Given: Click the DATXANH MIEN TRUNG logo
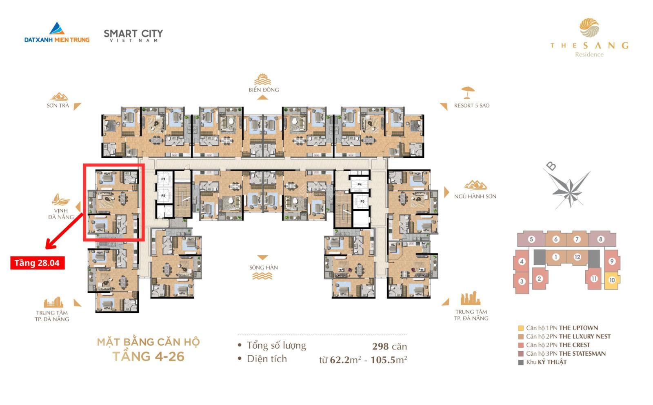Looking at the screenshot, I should pyautogui.click(x=57, y=33).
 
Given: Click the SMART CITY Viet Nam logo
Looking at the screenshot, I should pyautogui.click(x=133, y=35).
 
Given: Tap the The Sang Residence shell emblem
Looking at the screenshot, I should pyautogui.click(x=589, y=28).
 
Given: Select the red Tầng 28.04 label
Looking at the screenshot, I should pyautogui.click(x=37, y=263).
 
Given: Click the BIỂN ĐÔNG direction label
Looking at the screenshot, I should pyautogui.click(x=264, y=90).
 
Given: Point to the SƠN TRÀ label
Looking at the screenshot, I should pyautogui.click(x=58, y=106).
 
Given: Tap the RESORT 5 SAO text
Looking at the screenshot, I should pyautogui.click(x=471, y=106).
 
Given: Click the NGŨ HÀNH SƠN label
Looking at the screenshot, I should pyautogui.click(x=475, y=196).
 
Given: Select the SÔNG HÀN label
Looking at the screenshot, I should pyautogui.click(x=263, y=268).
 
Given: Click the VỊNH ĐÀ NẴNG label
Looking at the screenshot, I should pyautogui.click(x=61, y=214).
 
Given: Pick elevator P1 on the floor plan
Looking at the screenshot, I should pyautogui.click(x=163, y=179).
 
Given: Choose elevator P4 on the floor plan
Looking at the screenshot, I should pyautogui.click(x=360, y=184).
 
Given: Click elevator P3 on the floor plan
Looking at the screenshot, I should pyautogui.click(x=362, y=201).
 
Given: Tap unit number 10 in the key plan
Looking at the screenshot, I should pyautogui.click(x=612, y=280).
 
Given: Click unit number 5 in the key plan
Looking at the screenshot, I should pyautogui.click(x=531, y=239).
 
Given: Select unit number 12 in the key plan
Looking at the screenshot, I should pyautogui.click(x=577, y=257).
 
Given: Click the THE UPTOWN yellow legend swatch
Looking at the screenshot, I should pyautogui.click(x=521, y=328).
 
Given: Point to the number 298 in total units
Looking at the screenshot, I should pyautogui.click(x=380, y=347).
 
